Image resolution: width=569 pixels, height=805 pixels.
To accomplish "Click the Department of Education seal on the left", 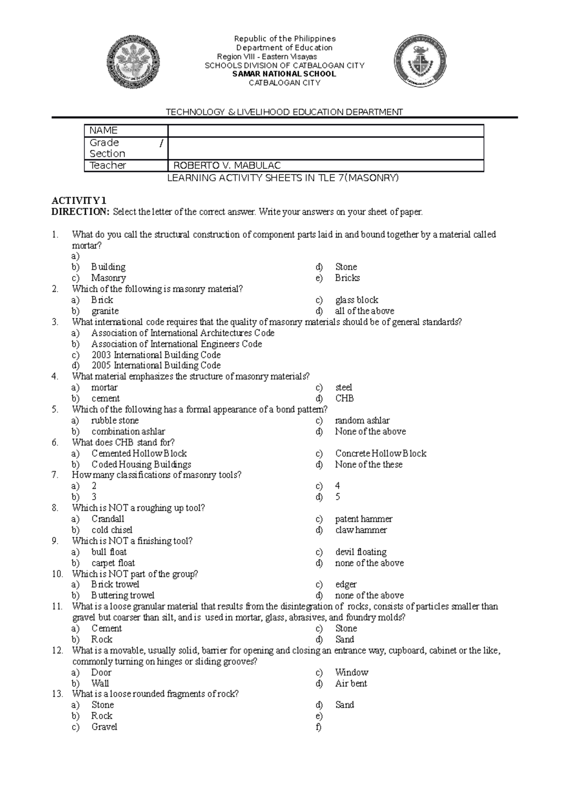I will pos(133,62).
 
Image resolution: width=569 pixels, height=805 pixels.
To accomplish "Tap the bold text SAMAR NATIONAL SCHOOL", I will pos(284,74).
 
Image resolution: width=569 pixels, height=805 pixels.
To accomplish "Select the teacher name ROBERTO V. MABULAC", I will pos(227,165).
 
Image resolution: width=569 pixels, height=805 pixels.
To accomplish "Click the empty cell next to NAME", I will pos(325,131).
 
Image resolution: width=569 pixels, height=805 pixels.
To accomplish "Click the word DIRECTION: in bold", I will pos(81,212).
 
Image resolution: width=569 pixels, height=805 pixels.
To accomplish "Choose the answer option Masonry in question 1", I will pos(108,278).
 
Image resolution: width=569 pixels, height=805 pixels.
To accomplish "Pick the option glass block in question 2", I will pos(357,300).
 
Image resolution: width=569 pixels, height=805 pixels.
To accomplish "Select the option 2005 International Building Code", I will pos(156,366).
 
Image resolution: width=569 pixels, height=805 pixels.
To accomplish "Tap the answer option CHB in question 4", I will pos(344,399).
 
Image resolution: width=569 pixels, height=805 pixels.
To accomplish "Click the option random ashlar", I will pos(362,421).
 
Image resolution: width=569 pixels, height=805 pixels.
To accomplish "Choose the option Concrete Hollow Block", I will pos(381,454).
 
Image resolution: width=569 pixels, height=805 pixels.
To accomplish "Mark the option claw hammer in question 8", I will pos(361,530).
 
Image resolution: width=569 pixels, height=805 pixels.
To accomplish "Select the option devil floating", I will pos(360,552).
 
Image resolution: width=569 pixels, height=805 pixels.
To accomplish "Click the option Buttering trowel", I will pos(123,595).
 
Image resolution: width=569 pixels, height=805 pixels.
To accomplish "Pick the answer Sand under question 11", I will pos(344,640).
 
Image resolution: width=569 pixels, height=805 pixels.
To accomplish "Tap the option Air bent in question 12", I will pos(351,684).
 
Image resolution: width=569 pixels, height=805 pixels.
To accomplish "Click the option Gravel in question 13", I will pos(104,727).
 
